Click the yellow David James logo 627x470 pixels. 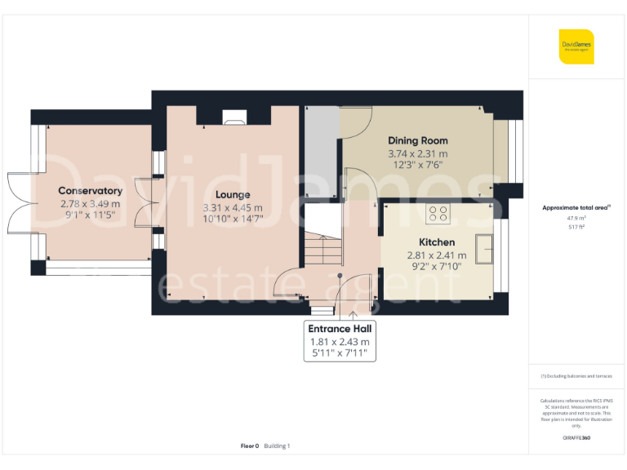pyautogui.click(x=576, y=47)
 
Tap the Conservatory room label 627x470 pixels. pyautogui.click(x=90, y=191)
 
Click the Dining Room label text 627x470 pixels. pyautogui.click(x=417, y=140)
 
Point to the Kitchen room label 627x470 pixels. pyautogui.click(x=436, y=242)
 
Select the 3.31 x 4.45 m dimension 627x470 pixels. pyautogui.click(x=233, y=208)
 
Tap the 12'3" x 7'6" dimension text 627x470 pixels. pyautogui.click(x=417, y=165)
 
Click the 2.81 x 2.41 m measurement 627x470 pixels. pyautogui.click(x=436, y=255)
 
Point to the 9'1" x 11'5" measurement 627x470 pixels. pyautogui.click(x=90, y=216)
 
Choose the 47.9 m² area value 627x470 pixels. pyautogui.click(x=576, y=218)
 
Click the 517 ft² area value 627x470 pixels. pyautogui.click(x=576, y=227)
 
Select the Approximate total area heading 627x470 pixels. pyautogui.click(x=576, y=207)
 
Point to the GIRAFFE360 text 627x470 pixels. pyautogui.click(x=576, y=438)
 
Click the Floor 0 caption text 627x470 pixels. pyautogui.click(x=250, y=446)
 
